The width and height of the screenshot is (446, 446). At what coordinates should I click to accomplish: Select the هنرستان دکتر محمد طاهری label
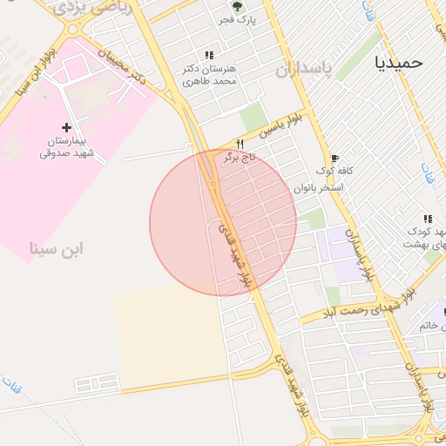210,74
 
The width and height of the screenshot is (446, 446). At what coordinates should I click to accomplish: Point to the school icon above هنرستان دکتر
207,54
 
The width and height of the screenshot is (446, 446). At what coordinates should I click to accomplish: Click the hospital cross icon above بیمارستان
66,127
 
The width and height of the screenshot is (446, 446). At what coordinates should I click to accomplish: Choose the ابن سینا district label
57,249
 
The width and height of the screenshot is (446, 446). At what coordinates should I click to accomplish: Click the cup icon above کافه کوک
334,158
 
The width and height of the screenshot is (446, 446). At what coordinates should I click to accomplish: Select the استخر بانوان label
319,187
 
